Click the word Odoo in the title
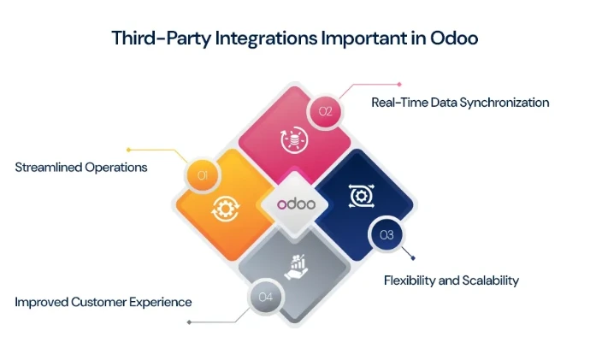451,38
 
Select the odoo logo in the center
295,204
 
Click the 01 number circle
203,176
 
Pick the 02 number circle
325,111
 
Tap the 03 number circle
386,234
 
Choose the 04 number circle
265,298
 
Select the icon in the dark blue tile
360,196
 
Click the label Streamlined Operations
81,168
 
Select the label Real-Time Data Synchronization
460,103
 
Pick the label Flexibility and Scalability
451,280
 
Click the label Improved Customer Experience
103,302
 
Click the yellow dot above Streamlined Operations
127,150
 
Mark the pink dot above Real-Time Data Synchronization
398,84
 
